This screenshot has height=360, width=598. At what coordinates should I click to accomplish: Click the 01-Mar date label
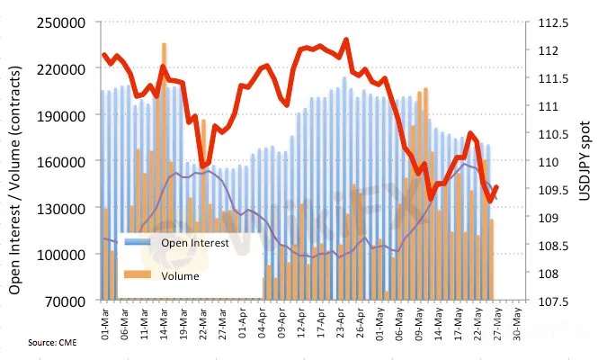(105, 320)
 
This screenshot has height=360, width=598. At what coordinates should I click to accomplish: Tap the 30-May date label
(516, 320)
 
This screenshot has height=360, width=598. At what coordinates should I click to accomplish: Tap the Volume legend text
(180, 275)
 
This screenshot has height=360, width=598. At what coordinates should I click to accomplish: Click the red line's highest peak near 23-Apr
(346, 40)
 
